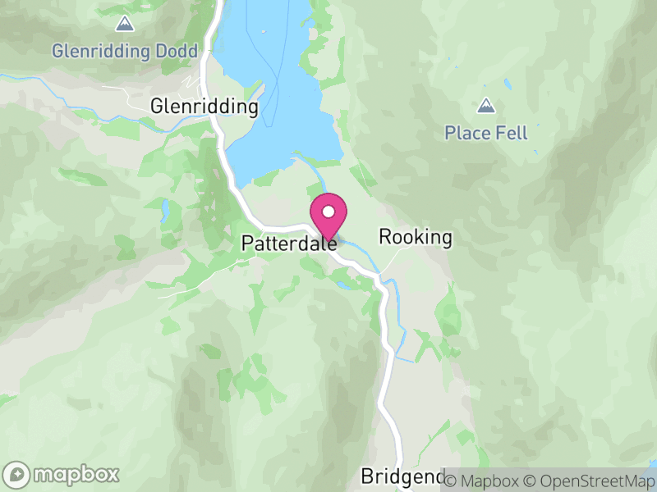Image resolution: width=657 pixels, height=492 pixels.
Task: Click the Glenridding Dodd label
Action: coord(125,52)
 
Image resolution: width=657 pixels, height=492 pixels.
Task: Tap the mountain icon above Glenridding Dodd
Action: coord(125,23)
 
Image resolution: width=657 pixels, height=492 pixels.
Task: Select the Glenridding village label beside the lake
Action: coord(204,107)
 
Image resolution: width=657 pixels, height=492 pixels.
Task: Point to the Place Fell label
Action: coord(486,133)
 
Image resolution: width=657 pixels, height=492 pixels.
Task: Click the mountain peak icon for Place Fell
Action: coord(486,106)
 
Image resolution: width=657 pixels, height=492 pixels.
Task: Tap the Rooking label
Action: coord(415,238)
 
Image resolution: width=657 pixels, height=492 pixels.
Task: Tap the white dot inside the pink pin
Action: coord(328,212)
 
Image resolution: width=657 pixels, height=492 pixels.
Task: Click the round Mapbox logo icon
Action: coord(18,474)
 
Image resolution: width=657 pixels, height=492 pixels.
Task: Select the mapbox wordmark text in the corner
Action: coord(76,474)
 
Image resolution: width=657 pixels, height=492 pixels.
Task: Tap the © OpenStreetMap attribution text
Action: coord(589,479)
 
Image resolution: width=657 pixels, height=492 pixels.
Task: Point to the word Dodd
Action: coord(177,52)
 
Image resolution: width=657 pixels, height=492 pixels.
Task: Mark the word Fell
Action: coord(512,133)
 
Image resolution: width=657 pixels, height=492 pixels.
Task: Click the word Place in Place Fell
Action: coord(468,133)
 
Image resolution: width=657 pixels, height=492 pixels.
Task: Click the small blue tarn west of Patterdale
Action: coord(165,212)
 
